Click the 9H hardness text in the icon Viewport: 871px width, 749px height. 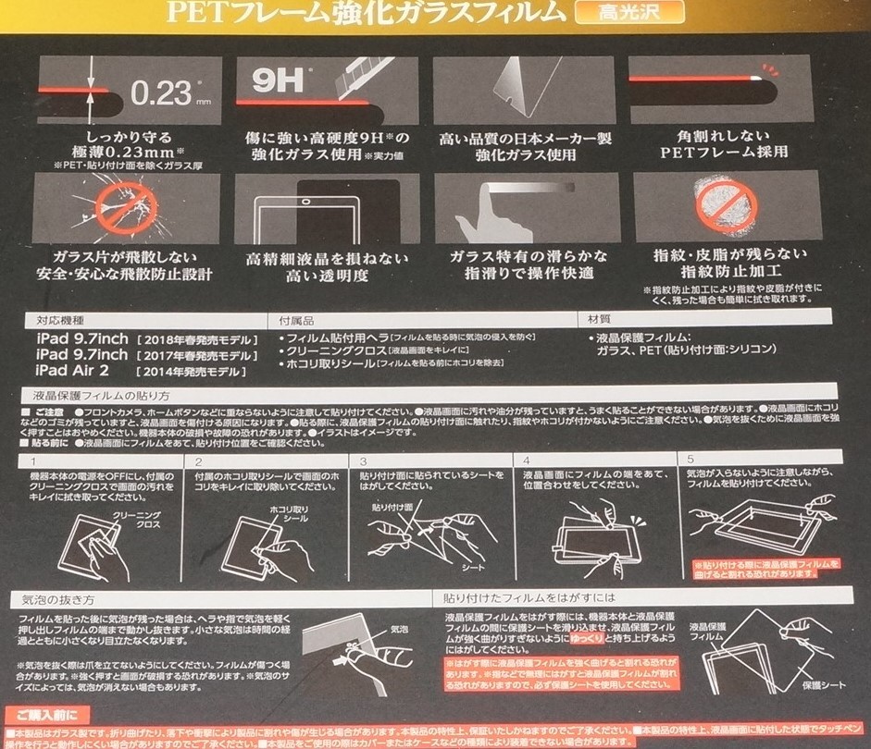pyautogui.click(x=268, y=80)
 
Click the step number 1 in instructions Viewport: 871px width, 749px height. pyautogui.click(x=33, y=460)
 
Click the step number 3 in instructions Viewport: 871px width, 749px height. pyautogui.click(x=364, y=460)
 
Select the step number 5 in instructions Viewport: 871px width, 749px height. pyautogui.click(x=691, y=460)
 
